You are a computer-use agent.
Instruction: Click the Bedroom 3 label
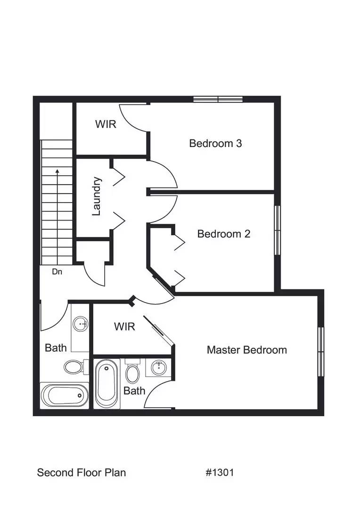(x=215, y=143)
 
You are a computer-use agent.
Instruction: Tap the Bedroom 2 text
(x=223, y=234)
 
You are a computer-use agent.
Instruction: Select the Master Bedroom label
(x=246, y=350)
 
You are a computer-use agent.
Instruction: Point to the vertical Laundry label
(x=97, y=196)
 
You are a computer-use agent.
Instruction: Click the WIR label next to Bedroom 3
(x=106, y=124)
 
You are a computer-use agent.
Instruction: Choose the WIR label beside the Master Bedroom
(x=124, y=326)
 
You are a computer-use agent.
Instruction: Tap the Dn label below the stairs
(x=57, y=271)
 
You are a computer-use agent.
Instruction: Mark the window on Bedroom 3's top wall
(x=218, y=99)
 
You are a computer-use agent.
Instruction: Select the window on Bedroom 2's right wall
(x=278, y=230)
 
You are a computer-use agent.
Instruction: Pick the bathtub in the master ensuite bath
(x=107, y=384)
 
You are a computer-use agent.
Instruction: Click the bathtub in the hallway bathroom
(x=65, y=395)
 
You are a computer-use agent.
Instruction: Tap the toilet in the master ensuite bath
(x=132, y=372)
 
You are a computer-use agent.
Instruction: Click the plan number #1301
(x=220, y=472)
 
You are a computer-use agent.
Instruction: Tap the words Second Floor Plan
(x=82, y=472)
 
